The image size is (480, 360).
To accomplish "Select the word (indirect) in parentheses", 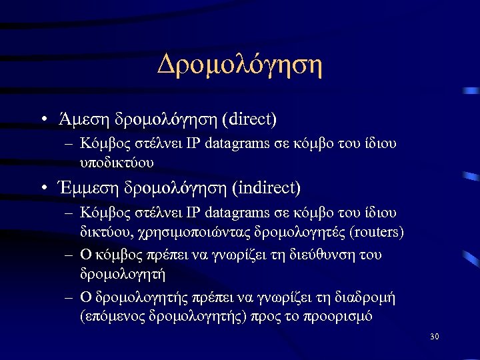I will click(x=266, y=188).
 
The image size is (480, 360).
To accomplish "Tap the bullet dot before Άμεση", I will click(x=42, y=121).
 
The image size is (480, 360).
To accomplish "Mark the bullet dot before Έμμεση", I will click(x=42, y=189).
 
